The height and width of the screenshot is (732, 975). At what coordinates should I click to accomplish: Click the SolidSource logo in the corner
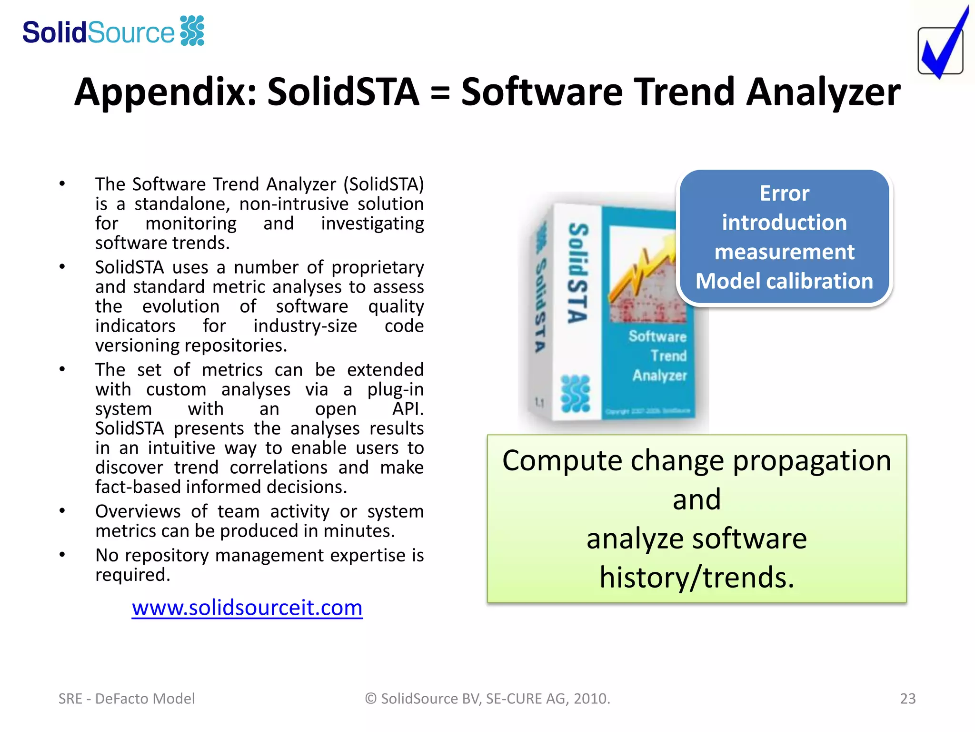click(113, 32)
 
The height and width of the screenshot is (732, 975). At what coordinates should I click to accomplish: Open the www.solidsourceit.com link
click(247, 608)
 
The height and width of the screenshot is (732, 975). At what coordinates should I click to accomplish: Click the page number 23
click(907, 699)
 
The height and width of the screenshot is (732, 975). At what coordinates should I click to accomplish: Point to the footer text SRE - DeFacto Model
click(127, 699)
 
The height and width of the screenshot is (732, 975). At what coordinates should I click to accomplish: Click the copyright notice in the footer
click(487, 699)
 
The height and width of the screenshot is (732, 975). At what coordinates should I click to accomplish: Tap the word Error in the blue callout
click(784, 193)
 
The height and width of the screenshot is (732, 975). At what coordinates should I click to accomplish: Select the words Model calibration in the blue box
click(784, 281)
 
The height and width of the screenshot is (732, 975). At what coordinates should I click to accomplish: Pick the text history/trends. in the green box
click(697, 578)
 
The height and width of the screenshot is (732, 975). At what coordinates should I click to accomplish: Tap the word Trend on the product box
click(668, 356)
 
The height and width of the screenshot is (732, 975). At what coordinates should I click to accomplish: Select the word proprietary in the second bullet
click(377, 268)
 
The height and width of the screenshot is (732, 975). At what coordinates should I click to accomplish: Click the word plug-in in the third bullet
click(395, 390)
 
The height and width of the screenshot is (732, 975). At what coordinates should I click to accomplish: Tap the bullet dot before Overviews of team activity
click(62, 511)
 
